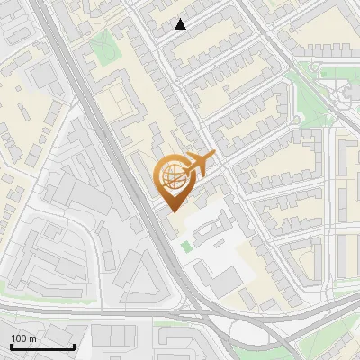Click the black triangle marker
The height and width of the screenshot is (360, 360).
(x=181, y=24)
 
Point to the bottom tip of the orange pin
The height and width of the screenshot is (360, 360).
(x=171, y=211)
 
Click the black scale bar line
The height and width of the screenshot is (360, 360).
(x=42, y=346)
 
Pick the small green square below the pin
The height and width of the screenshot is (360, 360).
(x=186, y=246)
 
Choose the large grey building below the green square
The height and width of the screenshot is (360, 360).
(x=216, y=270)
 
